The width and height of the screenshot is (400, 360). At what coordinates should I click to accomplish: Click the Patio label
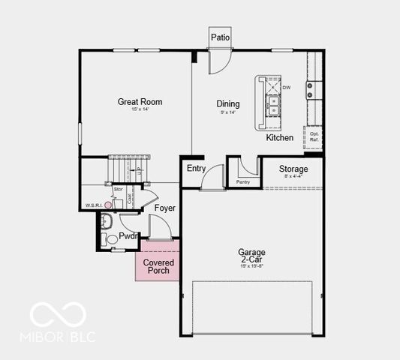tap(220, 37)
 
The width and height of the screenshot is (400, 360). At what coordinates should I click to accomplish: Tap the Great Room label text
tap(140, 102)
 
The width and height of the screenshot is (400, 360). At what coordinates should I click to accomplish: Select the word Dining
tap(228, 104)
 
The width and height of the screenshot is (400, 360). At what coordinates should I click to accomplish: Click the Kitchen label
tap(279, 138)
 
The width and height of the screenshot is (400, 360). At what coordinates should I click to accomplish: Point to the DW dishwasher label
tap(286, 87)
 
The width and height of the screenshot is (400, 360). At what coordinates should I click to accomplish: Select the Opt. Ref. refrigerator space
tap(314, 137)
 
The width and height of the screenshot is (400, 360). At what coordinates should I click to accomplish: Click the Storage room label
tap(293, 169)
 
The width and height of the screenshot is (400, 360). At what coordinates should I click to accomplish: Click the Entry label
tap(196, 168)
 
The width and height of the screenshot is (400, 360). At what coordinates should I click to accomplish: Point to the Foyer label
tap(165, 208)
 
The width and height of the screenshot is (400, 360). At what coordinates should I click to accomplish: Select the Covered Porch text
tap(158, 266)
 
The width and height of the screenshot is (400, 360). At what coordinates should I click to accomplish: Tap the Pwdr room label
tap(128, 235)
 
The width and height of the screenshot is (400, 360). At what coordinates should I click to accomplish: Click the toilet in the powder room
tap(110, 239)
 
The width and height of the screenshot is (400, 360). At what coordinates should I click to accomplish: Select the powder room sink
tap(106, 221)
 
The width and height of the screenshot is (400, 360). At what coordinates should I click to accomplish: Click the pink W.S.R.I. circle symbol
tap(108, 204)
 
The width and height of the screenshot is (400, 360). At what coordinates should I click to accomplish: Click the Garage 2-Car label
tap(251, 256)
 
